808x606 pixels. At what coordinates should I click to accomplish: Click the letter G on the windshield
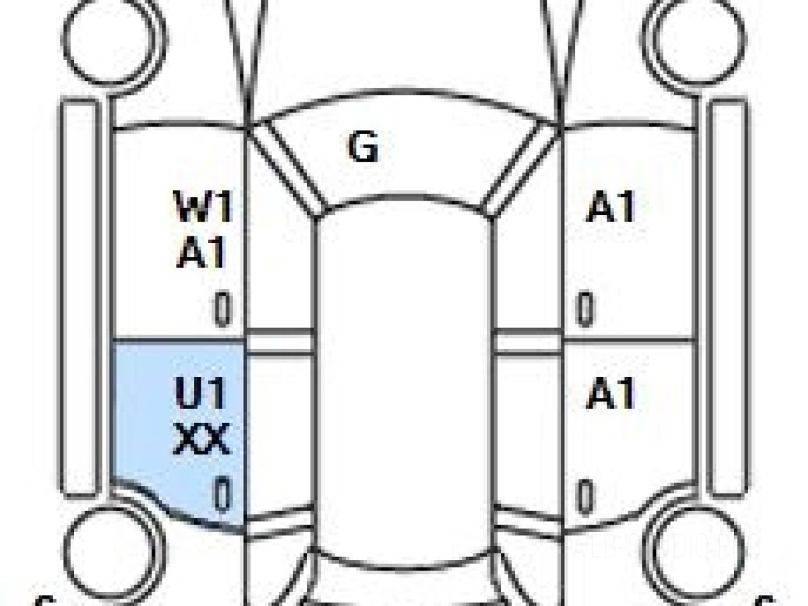[x=363, y=147]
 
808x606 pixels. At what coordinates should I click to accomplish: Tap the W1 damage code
[x=204, y=207]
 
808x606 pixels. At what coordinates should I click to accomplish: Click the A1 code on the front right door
[x=611, y=207]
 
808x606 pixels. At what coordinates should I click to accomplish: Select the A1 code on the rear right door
[x=611, y=394]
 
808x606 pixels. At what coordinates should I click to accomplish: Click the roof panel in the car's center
[x=404, y=370]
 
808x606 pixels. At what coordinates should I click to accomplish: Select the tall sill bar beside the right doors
[x=729, y=296]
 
